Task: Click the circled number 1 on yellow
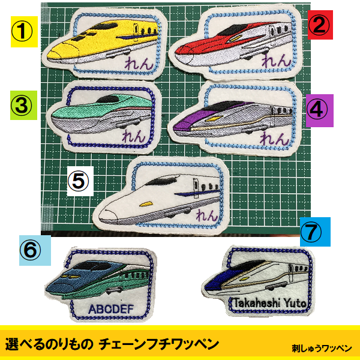point(22,31)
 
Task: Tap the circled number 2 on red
point(319,25)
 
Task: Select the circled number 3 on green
point(22,106)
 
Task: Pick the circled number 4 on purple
point(317,110)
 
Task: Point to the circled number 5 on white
point(78,181)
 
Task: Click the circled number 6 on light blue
point(31,250)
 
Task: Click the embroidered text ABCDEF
point(111,309)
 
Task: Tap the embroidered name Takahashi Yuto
point(270,303)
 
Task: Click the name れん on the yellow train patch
point(139,63)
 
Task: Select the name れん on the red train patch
point(276,61)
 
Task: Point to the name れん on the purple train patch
point(274,139)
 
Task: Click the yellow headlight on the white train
point(146,204)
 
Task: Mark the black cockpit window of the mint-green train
point(107,99)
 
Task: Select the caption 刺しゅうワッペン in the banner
point(322,348)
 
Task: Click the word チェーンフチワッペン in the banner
point(158,344)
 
